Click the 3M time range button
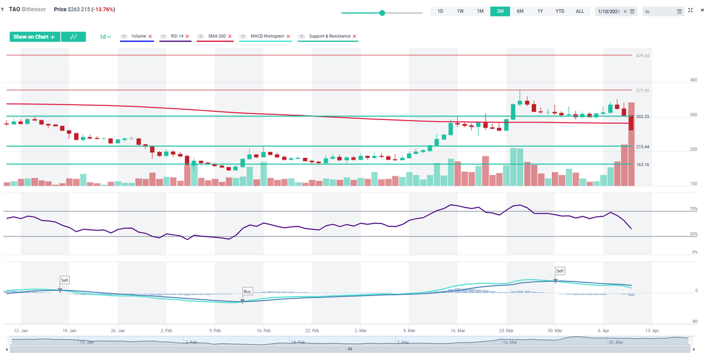pyautogui.click(x=500, y=11)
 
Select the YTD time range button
pyautogui.click(x=560, y=11)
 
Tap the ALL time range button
pyautogui.click(x=580, y=11)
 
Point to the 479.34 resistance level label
pyautogui.click(x=642, y=56)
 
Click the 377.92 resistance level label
pyautogui.click(x=642, y=90)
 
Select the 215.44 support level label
pyautogui.click(x=642, y=147)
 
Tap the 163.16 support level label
pyautogui.click(x=642, y=164)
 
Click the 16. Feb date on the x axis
pyautogui.click(x=264, y=331)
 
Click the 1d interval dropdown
pyautogui.click(x=105, y=37)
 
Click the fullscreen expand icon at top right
pyautogui.click(x=690, y=11)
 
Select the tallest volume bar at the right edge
pyautogui.click(x=631, y=145)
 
